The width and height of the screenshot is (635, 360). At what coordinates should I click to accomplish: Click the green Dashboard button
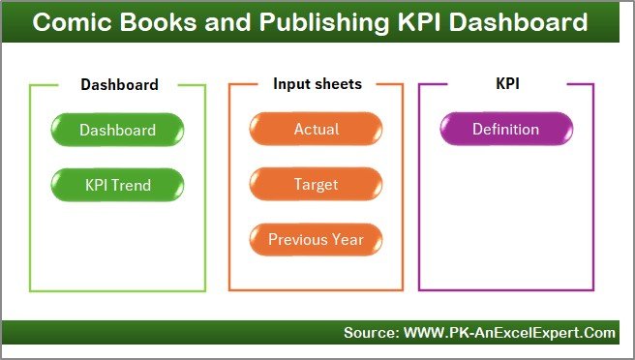tap(117, 130)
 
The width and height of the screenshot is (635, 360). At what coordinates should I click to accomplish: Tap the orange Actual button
tap(316, 130)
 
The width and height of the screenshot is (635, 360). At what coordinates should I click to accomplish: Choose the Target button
tap(316, 183)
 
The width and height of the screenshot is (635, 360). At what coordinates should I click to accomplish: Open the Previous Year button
tap(316, 239)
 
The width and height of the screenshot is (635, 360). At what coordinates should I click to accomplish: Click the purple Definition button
tap(505, 130)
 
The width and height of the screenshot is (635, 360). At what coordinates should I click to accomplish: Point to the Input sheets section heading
tap(317, 84)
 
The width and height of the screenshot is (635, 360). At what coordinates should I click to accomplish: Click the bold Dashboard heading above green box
tap(119, 84)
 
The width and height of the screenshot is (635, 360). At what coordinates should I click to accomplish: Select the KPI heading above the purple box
tap(508, 84)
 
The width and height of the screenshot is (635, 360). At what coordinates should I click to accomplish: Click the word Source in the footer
tap(369, 333)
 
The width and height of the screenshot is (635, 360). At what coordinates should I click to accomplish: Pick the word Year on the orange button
tap(348, 239)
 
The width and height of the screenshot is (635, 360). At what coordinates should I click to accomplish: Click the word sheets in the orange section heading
tap(339, 84)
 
